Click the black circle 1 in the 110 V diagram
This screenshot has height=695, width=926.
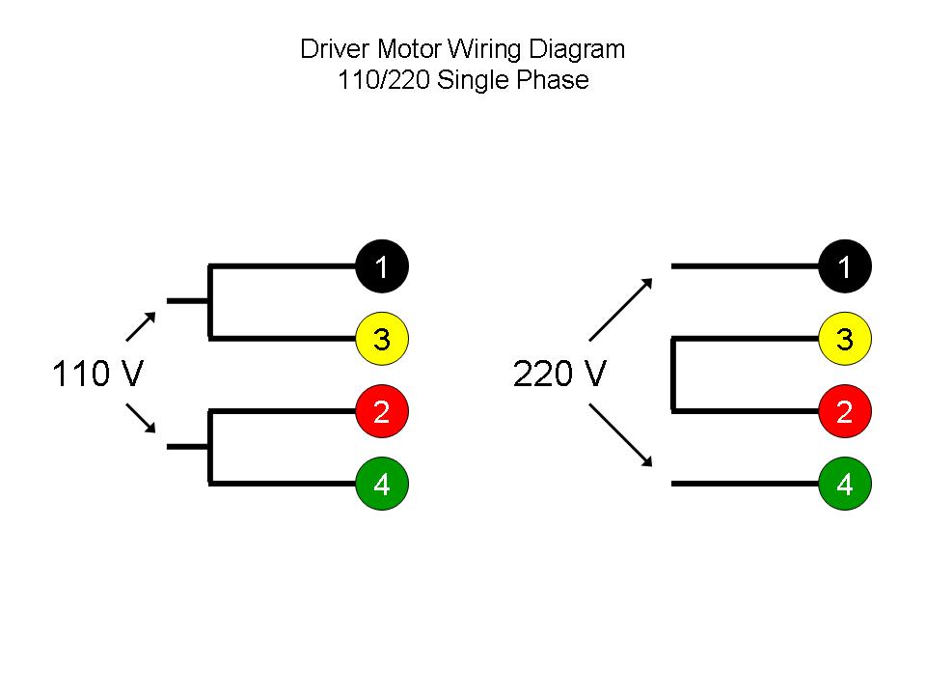(x=382, y=265)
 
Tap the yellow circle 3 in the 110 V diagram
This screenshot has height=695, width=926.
(x=382, y=339)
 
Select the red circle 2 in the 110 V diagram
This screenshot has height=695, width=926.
(x=382, y=411)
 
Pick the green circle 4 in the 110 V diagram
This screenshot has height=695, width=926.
(x=382, y=484)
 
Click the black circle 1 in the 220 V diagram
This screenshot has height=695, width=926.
(x=845, y=265)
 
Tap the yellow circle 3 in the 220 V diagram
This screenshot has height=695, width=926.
(x=845, y=339)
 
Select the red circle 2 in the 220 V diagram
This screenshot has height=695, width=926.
(x=845, y=411)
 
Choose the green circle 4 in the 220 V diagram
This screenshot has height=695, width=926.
(x=845, y=484)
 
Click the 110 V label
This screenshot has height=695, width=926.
(x=97, y=375)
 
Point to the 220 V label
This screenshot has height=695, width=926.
(x=560, y=375)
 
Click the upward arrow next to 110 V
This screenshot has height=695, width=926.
(x=141, y=327)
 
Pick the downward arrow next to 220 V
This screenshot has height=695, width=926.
(x=622, y=438)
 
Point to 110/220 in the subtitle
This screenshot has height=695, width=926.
(x=384, y=80)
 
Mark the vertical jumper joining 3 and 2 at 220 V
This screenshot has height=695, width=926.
(x=672, y=375)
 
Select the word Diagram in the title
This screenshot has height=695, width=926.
(x=577, y=49)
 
